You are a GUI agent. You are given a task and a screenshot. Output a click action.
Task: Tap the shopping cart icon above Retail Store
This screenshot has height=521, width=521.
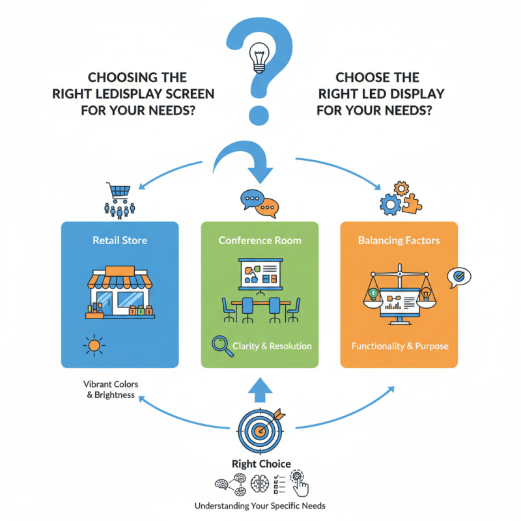119,191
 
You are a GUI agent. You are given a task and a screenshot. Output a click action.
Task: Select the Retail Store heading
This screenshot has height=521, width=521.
119,240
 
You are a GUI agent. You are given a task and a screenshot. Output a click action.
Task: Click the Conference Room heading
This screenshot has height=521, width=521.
260,240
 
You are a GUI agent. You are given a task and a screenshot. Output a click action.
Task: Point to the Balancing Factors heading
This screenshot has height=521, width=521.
399,240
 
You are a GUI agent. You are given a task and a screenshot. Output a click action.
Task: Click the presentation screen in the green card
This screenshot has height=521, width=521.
260,273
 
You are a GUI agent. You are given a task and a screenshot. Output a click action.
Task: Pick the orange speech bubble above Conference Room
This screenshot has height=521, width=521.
267,208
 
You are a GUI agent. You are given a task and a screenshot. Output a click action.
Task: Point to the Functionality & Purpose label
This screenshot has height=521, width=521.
399,346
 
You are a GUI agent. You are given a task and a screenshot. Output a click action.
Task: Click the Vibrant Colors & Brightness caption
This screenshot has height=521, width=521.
110,389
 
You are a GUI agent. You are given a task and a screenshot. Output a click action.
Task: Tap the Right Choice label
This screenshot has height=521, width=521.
260,464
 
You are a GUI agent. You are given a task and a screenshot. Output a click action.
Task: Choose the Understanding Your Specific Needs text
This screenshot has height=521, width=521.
260,505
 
